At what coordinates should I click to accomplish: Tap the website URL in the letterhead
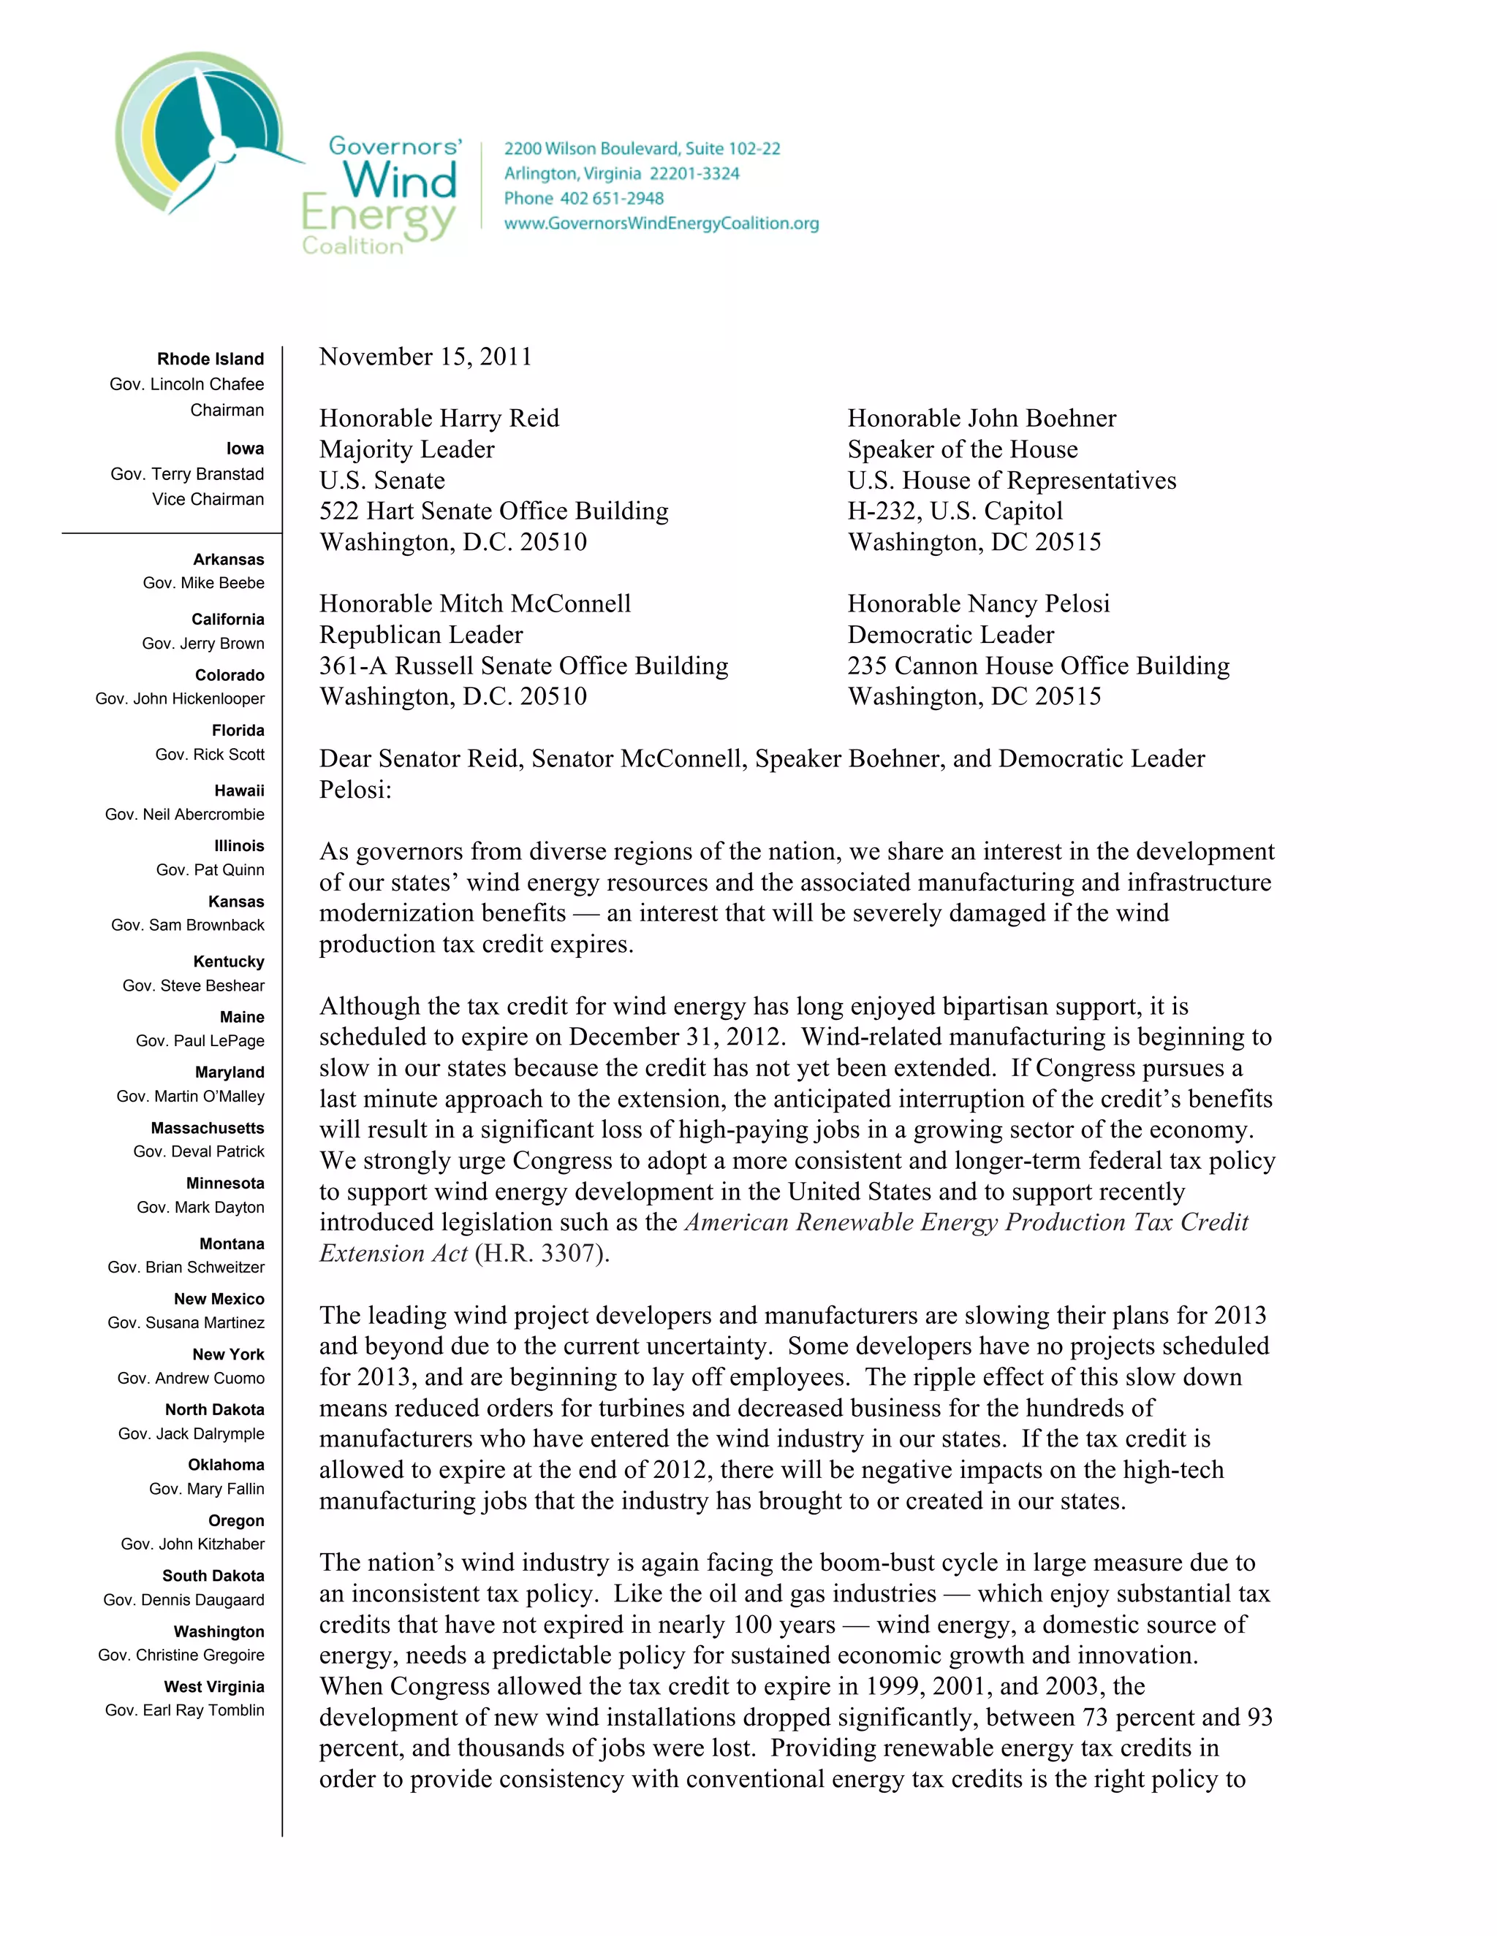(661, 224)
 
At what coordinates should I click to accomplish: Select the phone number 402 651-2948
(611, 199)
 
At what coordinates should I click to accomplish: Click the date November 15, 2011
(425, 357)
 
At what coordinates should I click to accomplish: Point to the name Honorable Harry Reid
(439, 419)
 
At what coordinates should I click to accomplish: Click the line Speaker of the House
(962, 449)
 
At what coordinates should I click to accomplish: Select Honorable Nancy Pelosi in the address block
(978, 603)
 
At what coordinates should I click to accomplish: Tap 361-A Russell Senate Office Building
(523, 666)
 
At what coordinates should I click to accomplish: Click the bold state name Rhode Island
(211, 359)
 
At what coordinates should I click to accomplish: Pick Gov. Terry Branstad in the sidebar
(187, 474)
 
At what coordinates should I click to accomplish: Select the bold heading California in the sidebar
(227, 620)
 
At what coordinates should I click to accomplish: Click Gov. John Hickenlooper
(180, 698)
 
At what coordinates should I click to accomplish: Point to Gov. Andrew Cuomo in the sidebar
(191, 1379)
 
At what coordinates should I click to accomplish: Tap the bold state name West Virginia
(213, 1687)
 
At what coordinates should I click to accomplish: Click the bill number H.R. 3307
(540, 1254)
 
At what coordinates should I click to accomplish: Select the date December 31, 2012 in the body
(677, 1037)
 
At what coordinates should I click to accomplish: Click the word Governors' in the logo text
(395, 146)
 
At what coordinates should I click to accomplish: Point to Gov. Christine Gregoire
(181, 1655)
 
